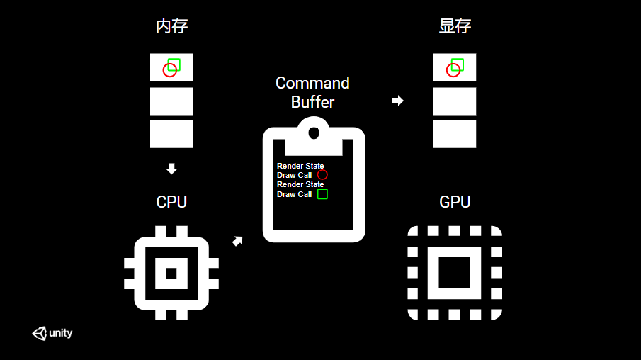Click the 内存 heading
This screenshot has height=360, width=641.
(x=171, y=27)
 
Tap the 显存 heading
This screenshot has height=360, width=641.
(x=455, y=27)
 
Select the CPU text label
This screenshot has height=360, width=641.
(x=171, y=202)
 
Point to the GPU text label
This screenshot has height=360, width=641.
(x=455, y=202)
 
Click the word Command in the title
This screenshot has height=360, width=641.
(x=312, y=83)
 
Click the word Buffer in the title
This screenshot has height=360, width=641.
(x=312, y=102)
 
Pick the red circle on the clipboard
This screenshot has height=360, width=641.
(x=322, y=175)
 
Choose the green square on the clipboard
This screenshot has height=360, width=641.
(x=322, y=193)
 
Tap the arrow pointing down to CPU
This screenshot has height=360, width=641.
(x=171, y=169)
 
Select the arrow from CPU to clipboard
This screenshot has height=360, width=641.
(x=238, y=241)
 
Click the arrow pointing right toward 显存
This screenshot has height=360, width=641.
(x=398, y=101)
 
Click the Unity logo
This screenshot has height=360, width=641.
(x=52, y=333)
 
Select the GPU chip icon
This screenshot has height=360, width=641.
(x=455, y=273)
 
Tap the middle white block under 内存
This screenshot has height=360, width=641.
(x=171, y=101)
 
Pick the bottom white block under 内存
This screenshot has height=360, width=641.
(x=171, y=134)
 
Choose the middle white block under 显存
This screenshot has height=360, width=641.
(x=455, y=101)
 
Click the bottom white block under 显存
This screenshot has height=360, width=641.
(x=455, y=134)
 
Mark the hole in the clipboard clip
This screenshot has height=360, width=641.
(x=314, y=131)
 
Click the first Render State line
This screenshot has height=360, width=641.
(x=300, y=166)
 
